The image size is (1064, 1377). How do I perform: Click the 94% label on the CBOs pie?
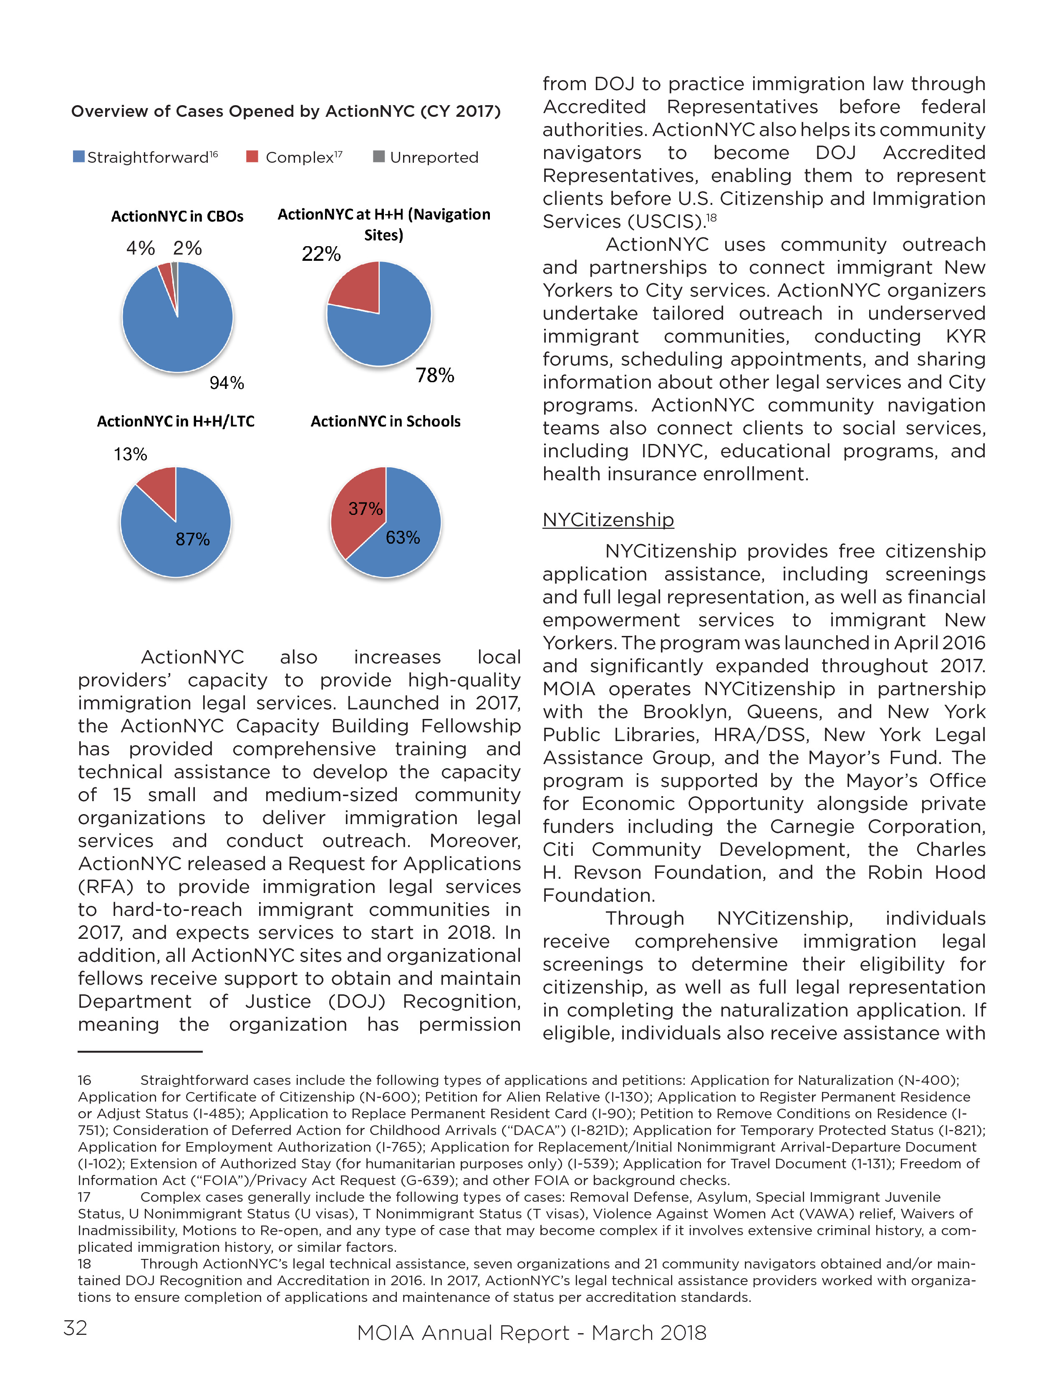coord(227,383)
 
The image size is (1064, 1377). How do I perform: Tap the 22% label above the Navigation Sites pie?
coord(321,254)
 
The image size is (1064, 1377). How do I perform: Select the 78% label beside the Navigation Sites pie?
coord(435,376)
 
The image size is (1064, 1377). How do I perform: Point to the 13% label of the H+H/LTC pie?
coord(131,454)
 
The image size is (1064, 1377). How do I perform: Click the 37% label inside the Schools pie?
coord(366,509)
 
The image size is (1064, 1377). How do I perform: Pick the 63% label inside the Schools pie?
coord(403,538)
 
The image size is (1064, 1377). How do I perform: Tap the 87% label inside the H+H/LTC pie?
coord(192,539)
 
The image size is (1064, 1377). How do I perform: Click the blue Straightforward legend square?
coord(79,156)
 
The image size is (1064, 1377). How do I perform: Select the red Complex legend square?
coord(252,156)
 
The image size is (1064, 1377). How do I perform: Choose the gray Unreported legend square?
coord(379,156)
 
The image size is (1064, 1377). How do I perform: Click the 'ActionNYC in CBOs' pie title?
coord(177,216)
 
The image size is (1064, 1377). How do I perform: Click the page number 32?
coord(75,1327)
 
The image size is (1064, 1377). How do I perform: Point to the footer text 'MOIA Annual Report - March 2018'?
coord(531,1332)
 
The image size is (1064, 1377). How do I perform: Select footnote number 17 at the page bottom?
coord(84,1197)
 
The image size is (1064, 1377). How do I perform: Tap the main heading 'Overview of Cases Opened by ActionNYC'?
coord(285,111)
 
